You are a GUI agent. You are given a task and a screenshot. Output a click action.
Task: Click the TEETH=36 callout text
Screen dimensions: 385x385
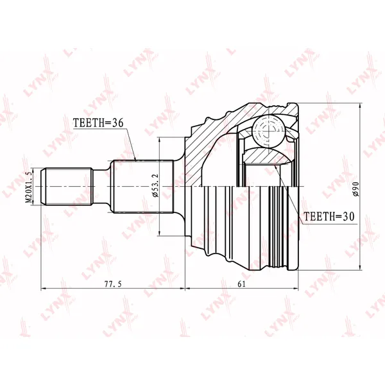[98, 123]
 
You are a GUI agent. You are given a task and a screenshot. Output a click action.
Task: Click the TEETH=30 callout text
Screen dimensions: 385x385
[329, 216]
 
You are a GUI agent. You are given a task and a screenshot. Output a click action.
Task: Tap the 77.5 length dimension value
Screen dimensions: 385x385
[113, 284]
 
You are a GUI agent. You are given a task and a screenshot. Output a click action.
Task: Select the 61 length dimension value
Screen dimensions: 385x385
[242, 284]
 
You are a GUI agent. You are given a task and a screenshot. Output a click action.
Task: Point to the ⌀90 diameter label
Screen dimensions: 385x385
[355, 189]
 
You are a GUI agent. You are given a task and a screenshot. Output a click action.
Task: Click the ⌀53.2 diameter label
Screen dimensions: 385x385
[156, 185]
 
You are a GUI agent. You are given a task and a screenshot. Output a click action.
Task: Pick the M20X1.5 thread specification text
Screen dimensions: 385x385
[29, 187]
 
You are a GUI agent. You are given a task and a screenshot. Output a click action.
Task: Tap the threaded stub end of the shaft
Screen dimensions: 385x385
[67, 187]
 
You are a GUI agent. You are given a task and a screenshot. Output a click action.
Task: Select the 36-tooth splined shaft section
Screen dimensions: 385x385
[142, 187]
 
